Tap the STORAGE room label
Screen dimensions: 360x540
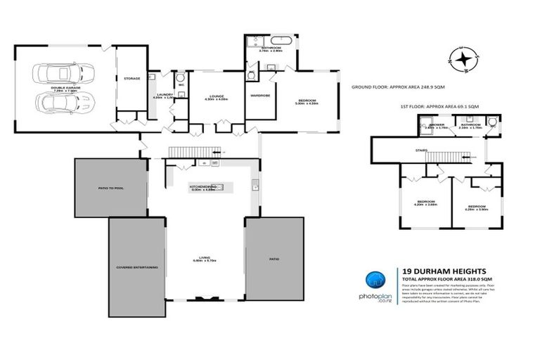click(131, 79)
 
